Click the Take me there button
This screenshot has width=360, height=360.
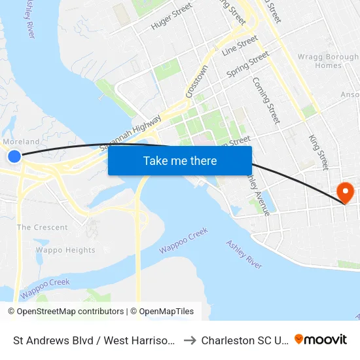coord(180,160)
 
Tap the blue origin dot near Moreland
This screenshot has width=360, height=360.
coord(14,156)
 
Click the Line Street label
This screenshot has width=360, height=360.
coord(240,45)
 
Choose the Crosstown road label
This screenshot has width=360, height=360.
coord(196,81)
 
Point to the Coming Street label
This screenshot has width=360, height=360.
coord(266,100)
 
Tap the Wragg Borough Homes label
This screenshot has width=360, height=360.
coord(319,61)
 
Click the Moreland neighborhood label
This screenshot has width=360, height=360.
coord(21,141)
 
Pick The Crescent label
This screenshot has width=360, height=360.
coord(42,227)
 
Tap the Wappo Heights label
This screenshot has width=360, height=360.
coord(65,250)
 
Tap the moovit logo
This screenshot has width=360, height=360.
coord(321,339)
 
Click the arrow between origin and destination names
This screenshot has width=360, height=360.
coord(190,340)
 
